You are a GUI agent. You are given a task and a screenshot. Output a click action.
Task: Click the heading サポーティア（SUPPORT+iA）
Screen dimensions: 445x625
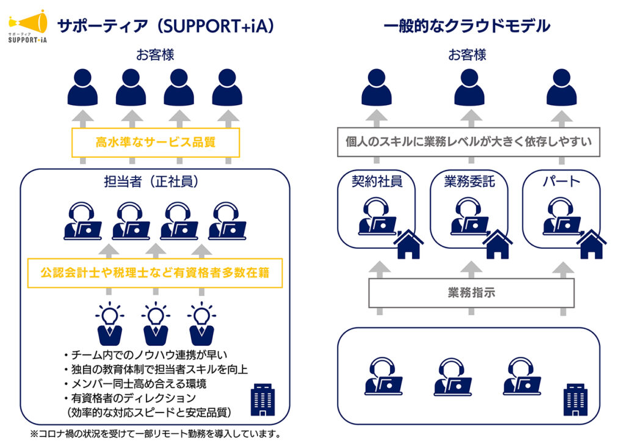coord(165,26)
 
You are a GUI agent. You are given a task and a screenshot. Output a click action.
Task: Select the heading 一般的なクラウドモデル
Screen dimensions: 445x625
coord(467,26)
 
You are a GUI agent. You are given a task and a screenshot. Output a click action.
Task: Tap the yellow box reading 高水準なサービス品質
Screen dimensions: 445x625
coord(156,142)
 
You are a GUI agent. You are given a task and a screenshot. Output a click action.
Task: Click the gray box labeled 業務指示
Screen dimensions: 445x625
coord(471,293)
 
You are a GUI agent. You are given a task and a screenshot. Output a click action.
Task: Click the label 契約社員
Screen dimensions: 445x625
coord(377,182)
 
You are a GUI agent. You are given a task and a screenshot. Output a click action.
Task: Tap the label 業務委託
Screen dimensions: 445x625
coord(469,182)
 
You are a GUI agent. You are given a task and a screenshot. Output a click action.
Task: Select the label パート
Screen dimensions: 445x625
coord(562,182)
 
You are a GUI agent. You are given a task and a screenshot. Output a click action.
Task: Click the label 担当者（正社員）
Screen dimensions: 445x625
coord(155,182)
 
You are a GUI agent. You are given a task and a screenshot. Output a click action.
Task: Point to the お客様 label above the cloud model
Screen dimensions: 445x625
coord(468,55)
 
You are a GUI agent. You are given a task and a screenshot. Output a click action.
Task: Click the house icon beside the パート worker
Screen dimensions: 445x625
coord(591,244)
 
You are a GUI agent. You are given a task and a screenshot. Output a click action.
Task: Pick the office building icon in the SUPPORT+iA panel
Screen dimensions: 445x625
coord(262,401)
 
